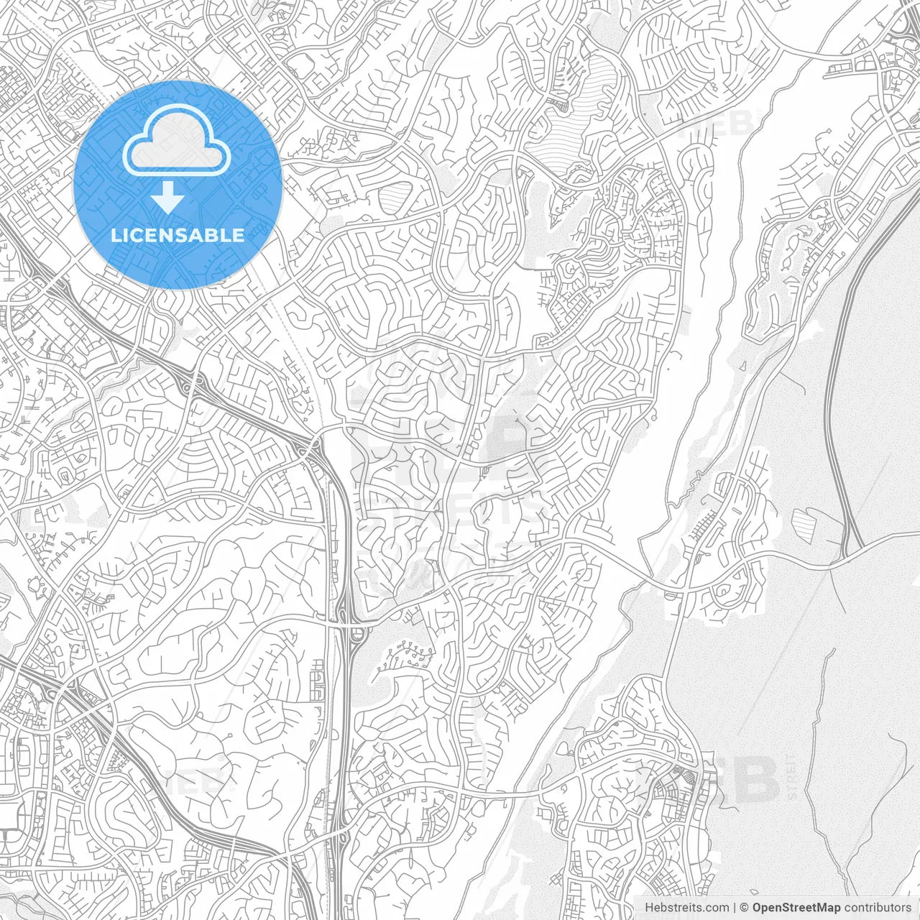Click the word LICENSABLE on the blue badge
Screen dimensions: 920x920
pyautogui.click(x=178, y=235)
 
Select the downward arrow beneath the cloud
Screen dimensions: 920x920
pyautogui.click(x=168, y=197)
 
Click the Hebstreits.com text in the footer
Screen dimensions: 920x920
pyautogui.click(x=686, y=907)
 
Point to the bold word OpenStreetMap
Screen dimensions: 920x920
pyautogui.click(x=796, y=907)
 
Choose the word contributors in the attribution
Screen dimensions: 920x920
pyautogui.click(x=878, y=907)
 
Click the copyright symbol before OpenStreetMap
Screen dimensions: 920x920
pyautogui.click(x=745, y=907)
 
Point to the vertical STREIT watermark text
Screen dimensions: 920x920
pyautogui.click(x=791, y=777)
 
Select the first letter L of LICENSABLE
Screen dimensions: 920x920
pyautogui.click(x=115, y=235)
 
